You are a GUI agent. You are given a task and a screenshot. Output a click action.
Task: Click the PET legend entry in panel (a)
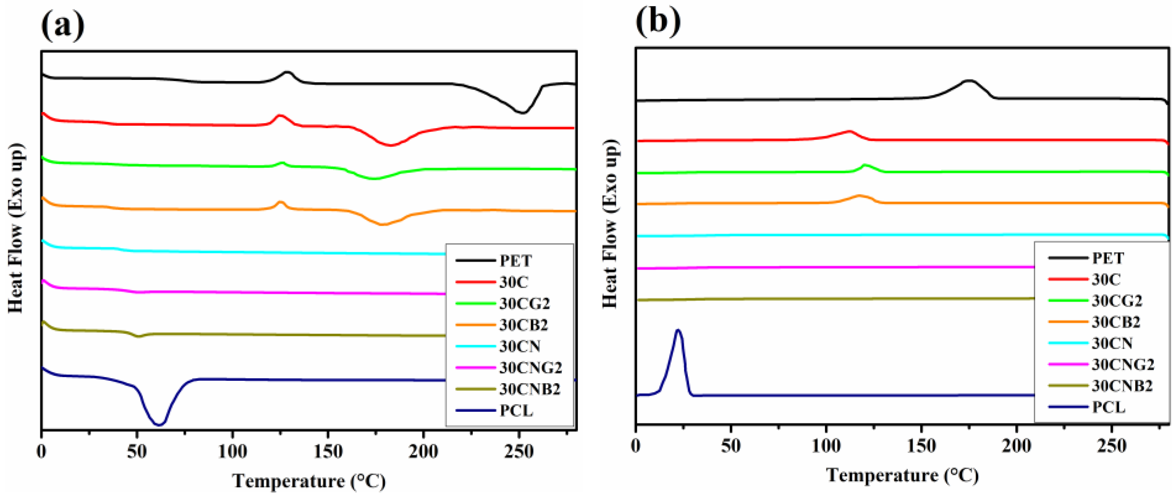515,261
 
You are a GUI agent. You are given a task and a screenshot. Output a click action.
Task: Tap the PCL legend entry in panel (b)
1109,407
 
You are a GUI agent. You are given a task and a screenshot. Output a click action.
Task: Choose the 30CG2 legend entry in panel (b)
1117,300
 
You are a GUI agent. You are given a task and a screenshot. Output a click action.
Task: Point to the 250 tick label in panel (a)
519,452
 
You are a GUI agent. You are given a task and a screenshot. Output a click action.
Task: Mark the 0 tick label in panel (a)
42,452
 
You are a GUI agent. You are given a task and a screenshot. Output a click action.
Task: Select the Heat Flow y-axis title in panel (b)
611,224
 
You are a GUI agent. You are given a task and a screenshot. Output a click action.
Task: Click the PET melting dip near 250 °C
522,112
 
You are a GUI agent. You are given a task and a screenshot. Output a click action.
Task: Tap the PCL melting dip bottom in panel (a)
159,424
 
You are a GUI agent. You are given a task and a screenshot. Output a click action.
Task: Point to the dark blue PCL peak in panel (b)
678,331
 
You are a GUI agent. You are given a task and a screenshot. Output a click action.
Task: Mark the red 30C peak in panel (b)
849,131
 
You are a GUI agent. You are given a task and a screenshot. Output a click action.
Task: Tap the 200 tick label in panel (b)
1017,446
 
